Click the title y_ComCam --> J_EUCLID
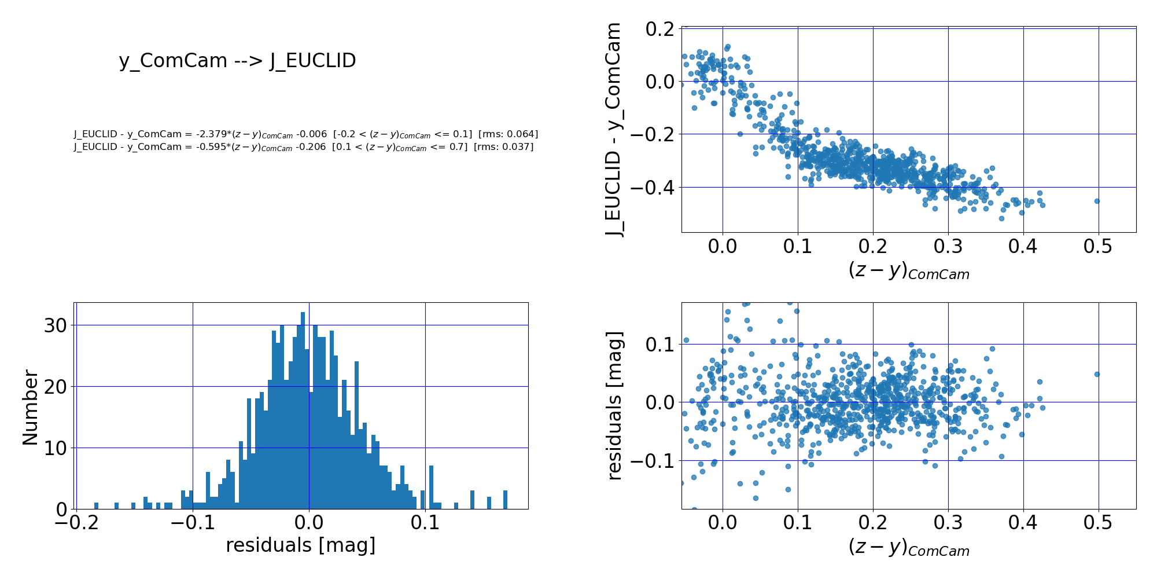point(237,60)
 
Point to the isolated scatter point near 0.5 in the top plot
point(1097,201)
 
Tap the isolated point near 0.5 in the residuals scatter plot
point(1097,375)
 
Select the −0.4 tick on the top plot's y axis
point(652,188)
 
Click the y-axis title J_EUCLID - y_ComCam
point(613,130)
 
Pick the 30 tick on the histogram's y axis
point(56,325)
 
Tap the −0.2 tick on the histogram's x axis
point(77,525)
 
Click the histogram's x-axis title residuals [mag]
point(301,545)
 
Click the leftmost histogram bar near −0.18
point(96,506)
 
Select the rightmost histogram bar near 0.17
point(505,500)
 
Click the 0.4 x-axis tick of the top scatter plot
point(1023,247)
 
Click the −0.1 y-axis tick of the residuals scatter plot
point(651,461)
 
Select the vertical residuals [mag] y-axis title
point(614,405)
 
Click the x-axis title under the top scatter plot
point(908,271)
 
